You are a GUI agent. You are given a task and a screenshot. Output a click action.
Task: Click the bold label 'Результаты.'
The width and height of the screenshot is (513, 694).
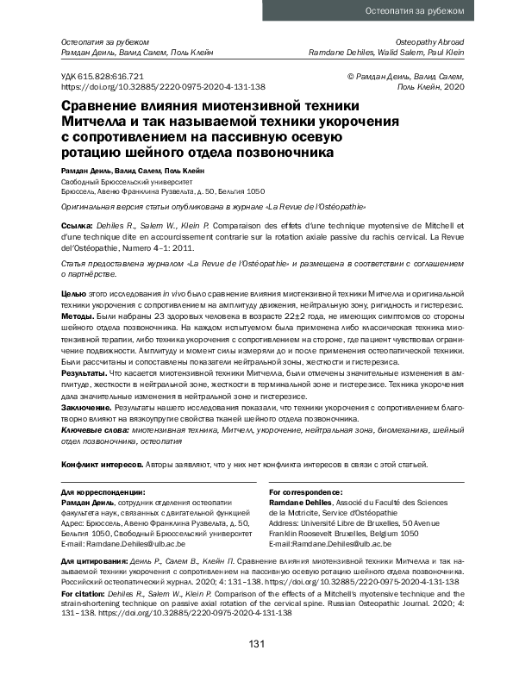(x=84, y=373)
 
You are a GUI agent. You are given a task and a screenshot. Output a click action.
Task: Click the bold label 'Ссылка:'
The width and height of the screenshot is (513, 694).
(x=76, y=223)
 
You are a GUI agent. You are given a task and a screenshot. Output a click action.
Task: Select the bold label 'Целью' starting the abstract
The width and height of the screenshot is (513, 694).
(x=72, y=295)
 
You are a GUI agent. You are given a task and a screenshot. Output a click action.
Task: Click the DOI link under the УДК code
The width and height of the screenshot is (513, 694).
(x=162, y=87)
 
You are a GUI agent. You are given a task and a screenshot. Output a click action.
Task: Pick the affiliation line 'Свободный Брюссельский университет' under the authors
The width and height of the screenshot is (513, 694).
(x=124, y=182)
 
